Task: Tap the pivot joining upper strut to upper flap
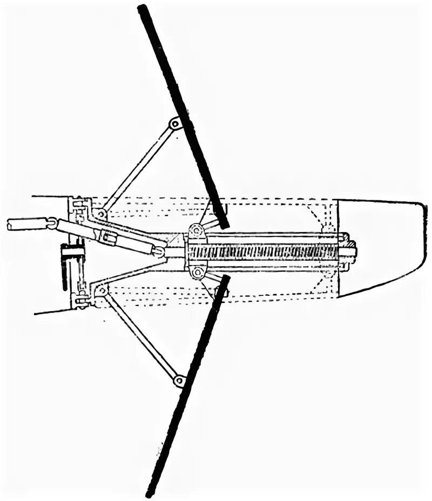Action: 174,124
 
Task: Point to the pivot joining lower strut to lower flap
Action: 179,381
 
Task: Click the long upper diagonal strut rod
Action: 138,167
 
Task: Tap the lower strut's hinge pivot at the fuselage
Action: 100,291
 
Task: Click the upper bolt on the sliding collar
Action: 197,231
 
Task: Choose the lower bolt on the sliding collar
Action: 197,271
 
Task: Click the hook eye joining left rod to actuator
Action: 52,222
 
